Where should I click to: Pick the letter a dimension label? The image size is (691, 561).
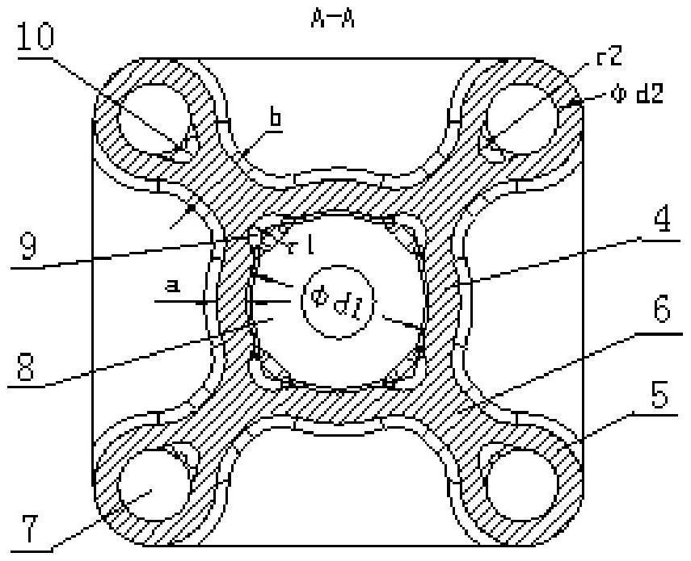pos(172,286)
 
